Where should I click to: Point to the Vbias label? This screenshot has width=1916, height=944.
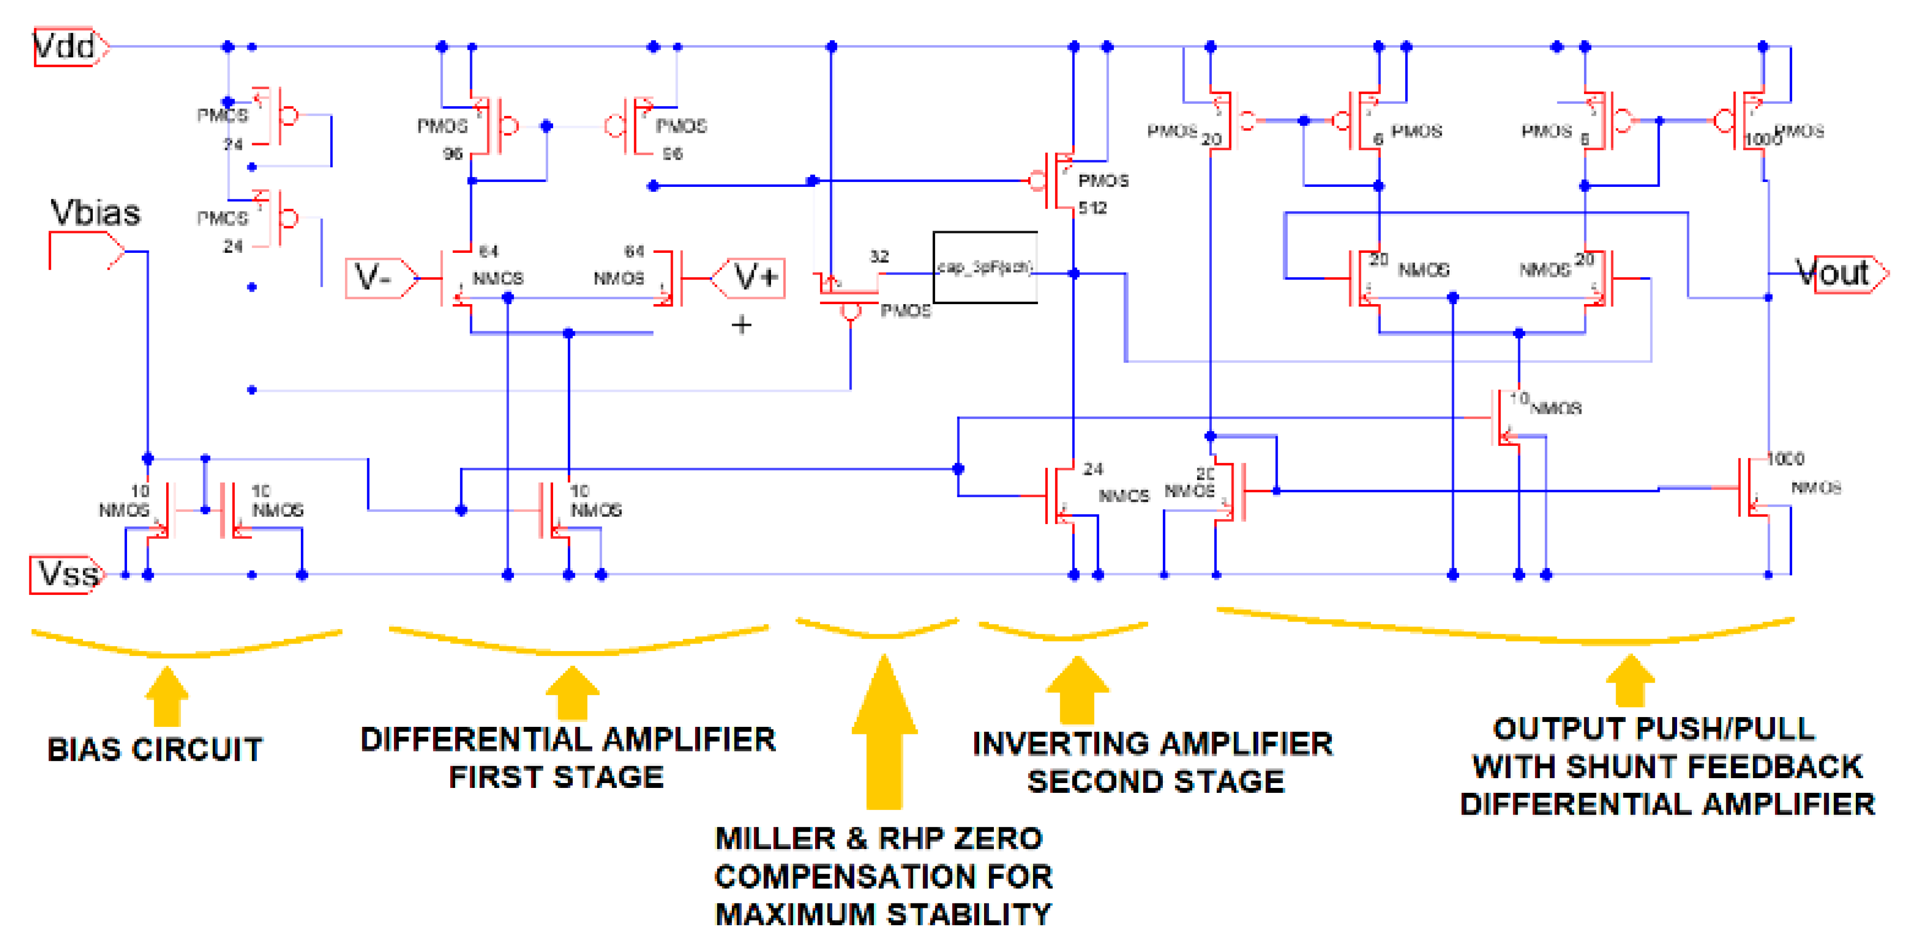coord(95,214)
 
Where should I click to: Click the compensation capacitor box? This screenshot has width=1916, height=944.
coord(985,267)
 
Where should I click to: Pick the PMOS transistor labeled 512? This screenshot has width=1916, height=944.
coord(1060,181)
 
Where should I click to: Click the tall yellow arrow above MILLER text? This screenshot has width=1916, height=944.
coord(884,733)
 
